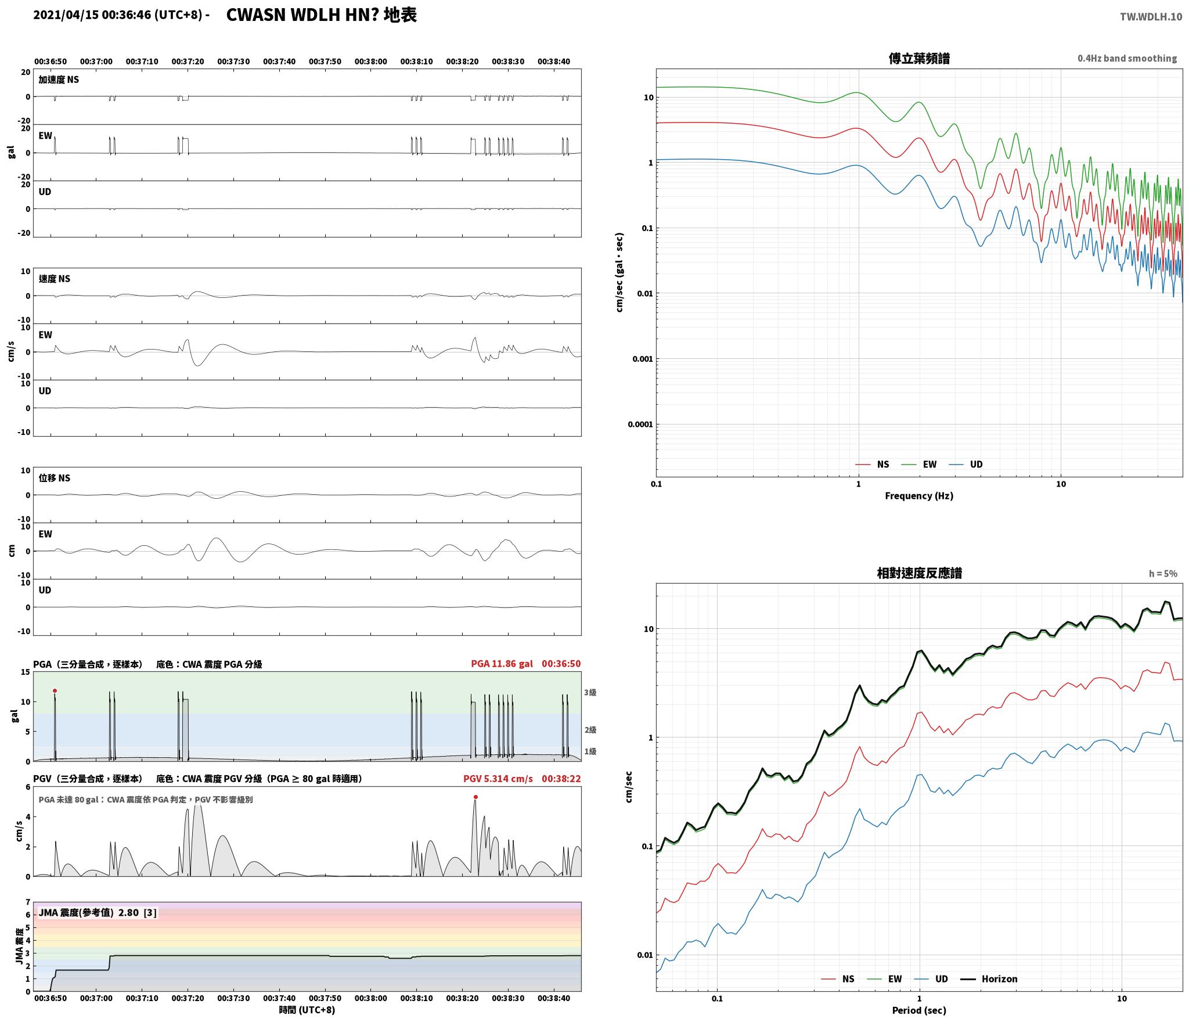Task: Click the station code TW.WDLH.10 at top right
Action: [1151, 17]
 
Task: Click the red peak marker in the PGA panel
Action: [55, 691]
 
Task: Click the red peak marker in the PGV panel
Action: [475, 797]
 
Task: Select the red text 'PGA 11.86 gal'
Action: [502, 664]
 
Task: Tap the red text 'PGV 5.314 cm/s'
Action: [498, 779]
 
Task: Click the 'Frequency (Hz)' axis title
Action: [919, 496]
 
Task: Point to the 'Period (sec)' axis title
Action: [919, 1010]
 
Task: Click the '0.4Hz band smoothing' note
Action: [1127, 59]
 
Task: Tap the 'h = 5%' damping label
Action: [1163, 574]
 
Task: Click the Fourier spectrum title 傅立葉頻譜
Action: [920, 59]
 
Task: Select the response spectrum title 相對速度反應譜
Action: [920, 573]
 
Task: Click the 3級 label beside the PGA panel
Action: [590, 692]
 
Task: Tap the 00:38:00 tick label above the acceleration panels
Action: [370, 62]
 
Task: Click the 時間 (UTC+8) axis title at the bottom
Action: [307, 1010]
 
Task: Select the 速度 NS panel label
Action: [55, 279]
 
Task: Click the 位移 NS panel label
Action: [55, 478]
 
